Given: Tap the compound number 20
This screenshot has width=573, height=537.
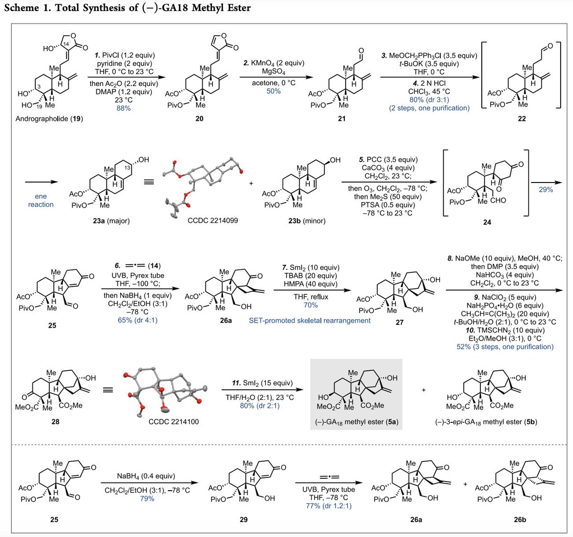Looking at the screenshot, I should [x=199, y=118].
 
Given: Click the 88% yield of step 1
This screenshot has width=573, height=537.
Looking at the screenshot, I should [x=123, y=108].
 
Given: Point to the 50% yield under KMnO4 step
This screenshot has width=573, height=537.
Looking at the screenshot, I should [x=274, y=91].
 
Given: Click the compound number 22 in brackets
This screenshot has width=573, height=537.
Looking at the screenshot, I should [x=521, y=118].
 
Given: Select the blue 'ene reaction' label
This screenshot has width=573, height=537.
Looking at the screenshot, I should [x=41, y=200].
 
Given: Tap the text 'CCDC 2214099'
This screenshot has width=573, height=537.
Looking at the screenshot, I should [x=211, y=220].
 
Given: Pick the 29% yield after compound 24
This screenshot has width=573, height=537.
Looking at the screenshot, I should [x=546, y=190].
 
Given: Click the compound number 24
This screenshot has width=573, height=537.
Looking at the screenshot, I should [x=487, y=222].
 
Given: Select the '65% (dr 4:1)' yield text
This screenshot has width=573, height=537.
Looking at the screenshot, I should [x=138, y=320].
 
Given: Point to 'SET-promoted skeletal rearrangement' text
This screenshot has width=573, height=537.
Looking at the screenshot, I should [x=309, y=321].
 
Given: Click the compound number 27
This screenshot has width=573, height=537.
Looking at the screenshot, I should [x=399, y=322].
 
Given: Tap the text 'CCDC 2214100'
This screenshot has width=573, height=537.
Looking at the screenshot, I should [x=174, y=422].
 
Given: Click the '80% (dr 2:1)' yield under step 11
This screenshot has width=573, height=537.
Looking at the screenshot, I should [x=260, y=406].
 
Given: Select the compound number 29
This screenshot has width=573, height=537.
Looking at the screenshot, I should [x=244, y=519].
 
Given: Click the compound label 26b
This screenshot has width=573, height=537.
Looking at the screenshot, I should [x=520, y=519].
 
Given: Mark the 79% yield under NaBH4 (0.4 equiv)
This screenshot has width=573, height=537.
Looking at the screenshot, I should [x=147, y=499].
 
